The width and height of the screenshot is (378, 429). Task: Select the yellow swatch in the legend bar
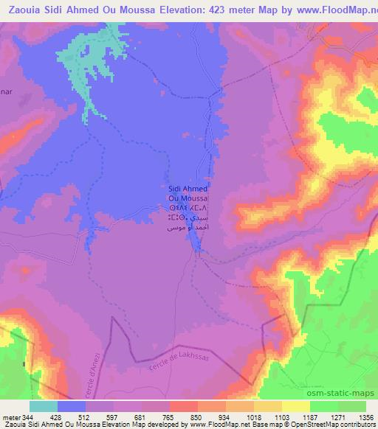pyautogui.click(x=296, y=407)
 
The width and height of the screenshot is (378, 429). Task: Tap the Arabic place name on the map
pyautogui.click(x=189, y=224)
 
